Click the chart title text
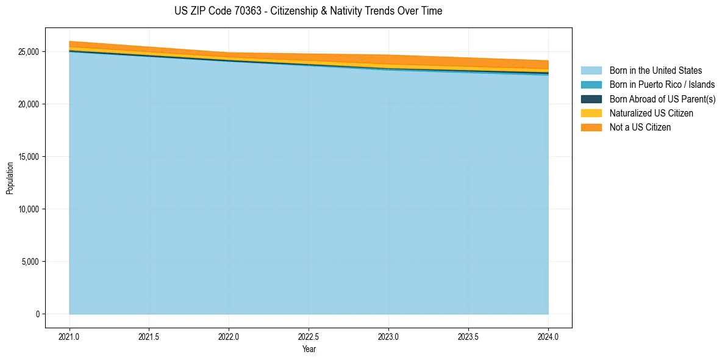pos(308,11)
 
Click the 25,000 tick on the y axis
pos(28,52)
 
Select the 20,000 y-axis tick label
pos(28,104)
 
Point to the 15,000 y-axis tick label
pos(28,157)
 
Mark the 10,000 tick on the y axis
pos(28,209)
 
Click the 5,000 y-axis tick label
pos(30,262)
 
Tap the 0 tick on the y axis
pos(37,314)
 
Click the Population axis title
pos(10,178)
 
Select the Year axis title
pos(309,349)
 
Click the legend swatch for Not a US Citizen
pos(591,128)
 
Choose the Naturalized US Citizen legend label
pos(651,113)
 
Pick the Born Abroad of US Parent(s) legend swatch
pos(591,99)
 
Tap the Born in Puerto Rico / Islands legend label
pos(662,85)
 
